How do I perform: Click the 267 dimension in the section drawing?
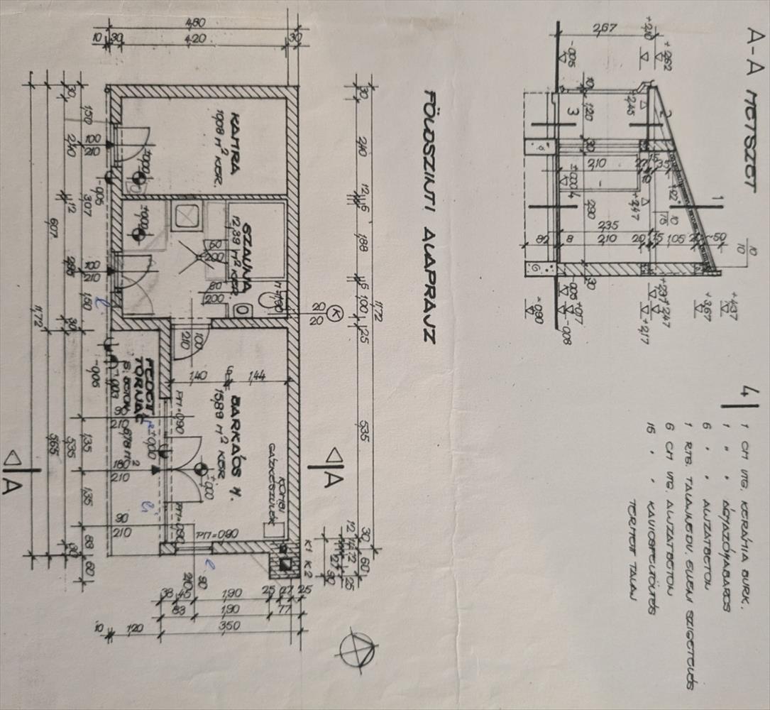tap(605, 29)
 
